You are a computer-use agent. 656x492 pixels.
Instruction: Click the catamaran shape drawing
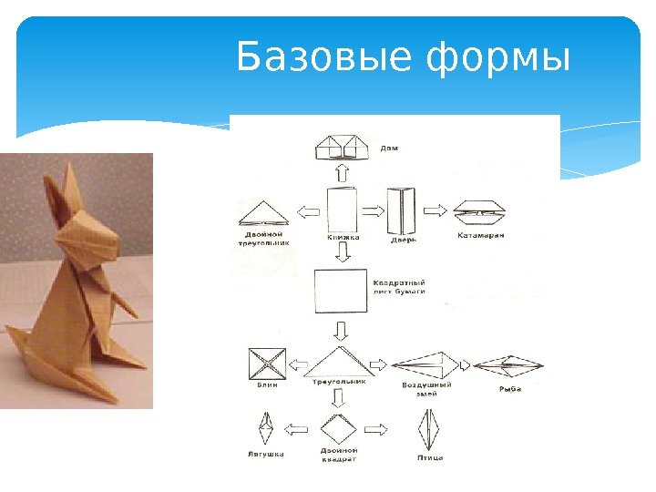click(481, 211)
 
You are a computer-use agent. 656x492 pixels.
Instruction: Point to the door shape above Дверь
click(402, 210)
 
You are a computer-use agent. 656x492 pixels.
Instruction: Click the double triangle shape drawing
click(263, 214)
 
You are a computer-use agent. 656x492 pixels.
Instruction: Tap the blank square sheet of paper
click(339, 292)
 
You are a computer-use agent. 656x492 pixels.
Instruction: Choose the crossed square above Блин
click(267, 365)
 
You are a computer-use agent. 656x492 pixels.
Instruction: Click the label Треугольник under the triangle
click(339, 383)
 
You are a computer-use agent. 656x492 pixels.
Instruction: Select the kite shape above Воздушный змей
click(426, 365)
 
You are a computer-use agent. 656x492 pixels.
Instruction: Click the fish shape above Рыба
click(509, 365)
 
